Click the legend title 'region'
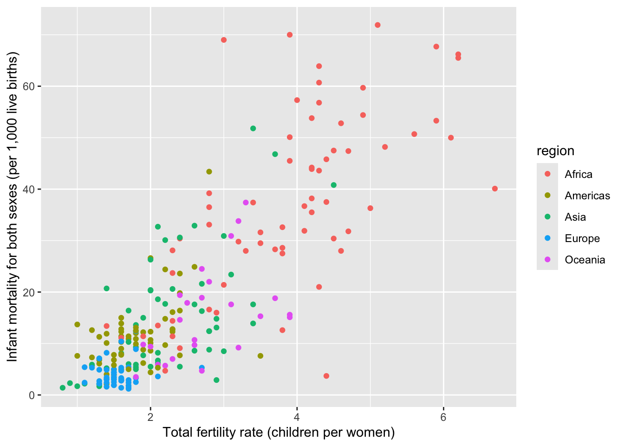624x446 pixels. pos(555,151)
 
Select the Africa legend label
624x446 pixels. pos(578,174)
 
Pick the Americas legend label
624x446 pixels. pos(587,196)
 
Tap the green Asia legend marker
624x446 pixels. pos(547,217)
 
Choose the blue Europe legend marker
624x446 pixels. pos(547,238)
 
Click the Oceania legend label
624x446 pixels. pos(585,260)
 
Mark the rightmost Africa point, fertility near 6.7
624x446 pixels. pos(494,189)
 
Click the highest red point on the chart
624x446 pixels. pos(377,25)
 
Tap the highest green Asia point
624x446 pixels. pos(253,128)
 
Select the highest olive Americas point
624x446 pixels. pos(209,171)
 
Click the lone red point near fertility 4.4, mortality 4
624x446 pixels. pos(326,376)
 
